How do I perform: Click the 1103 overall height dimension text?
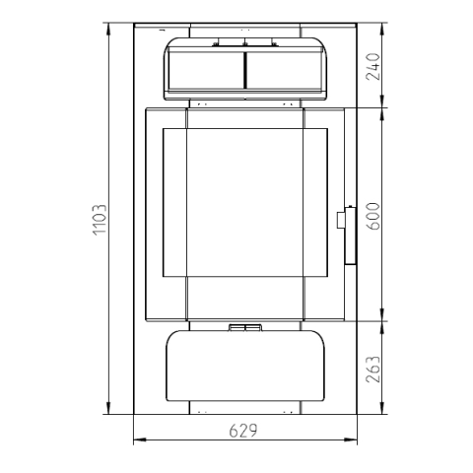pyautogui.click(x=100, y=220)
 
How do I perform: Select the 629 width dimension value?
pyautogui.click(x=243, y=431)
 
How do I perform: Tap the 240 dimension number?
pyautogui.click(x=372, y=67)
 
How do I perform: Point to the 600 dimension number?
pyautogui.click(x=372, y=216)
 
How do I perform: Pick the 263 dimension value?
pyautogui.click(x=372, y=370)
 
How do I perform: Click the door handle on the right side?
pyautogui.click(x=347, y=236)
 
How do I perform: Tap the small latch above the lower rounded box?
pyautogui.click(x=245, y=327)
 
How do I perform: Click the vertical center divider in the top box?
pyautogui.click(x=245, y=70)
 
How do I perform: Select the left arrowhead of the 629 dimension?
pyautogui.click(x=140, y=439)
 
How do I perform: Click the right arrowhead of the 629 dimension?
pyautogui.click(x=351, y=439)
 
